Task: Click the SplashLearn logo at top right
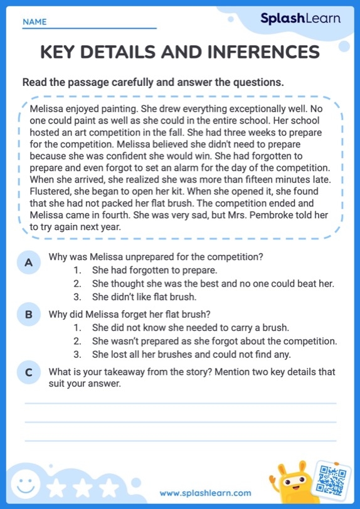(x=300, y=19)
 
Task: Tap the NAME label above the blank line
(x=34, y=22)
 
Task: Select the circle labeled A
(x=28, y=263)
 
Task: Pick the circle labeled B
(x=28, y=315)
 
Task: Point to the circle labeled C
(x=28, y=372)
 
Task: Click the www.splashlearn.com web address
(x=206, y=493)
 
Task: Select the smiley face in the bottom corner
(x=25, y=483)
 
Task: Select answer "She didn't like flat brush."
(x=144, y=297)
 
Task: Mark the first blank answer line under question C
(x=180, y=404)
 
